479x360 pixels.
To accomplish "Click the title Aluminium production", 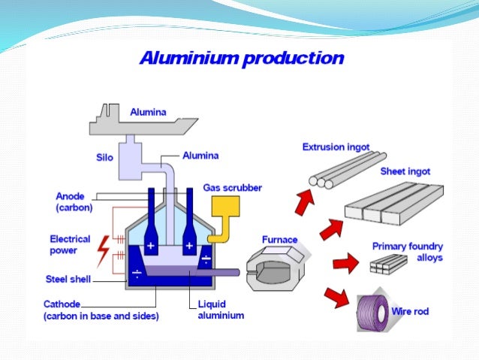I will tap(241, 59).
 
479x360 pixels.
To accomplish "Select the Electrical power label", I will tap(70, 245).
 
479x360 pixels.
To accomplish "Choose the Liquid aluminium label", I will tap(221, 310).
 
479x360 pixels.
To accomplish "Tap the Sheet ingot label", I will tap(405, 171).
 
